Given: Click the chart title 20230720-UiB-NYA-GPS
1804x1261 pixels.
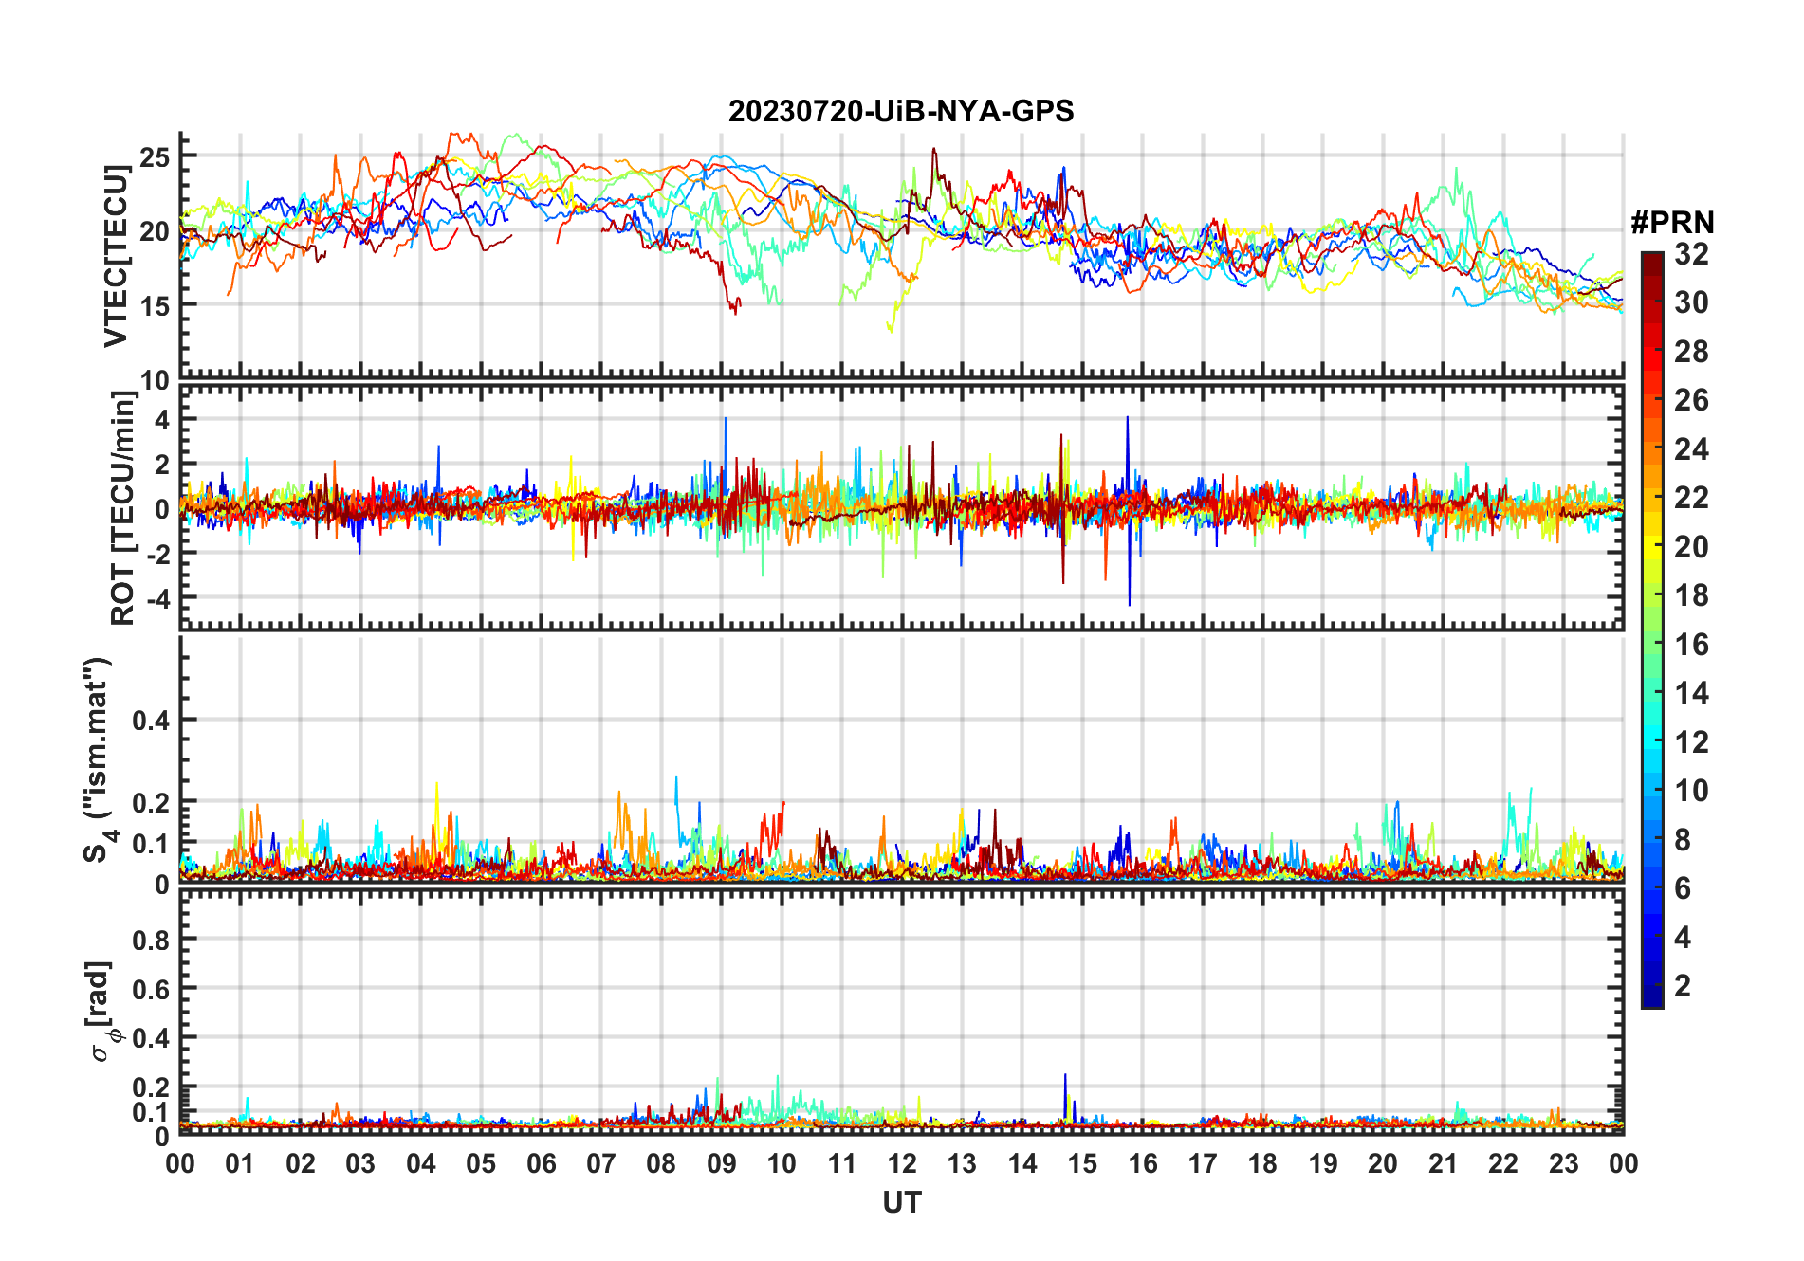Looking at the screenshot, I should pos(901,111).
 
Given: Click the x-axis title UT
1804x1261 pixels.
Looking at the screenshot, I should pos(901,1202).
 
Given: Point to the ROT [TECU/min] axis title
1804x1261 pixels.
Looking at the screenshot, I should pos(122,508).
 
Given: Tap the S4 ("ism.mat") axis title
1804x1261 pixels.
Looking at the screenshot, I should pos(98,759).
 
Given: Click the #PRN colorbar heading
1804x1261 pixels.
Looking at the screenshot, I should pos(1672,223).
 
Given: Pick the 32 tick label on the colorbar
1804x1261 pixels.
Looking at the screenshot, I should pos(1691,254).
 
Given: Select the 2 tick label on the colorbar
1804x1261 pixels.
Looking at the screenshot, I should pos(1683,986).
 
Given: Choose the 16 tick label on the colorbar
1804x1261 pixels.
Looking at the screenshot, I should pos(1691,645).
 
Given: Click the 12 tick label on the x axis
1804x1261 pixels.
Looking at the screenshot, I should pos(901,1163).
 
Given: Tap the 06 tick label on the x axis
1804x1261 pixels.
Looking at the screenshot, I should pos(541,1163).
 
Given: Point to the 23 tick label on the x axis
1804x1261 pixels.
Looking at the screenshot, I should pos(1563,1163).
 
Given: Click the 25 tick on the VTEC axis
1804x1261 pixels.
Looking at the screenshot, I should pos(155,156).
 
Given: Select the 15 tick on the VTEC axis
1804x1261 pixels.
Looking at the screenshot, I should pos(155,305).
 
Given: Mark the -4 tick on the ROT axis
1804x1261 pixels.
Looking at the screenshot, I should pos(155,598).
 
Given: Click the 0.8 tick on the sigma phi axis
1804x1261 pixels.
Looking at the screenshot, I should pos(151,940).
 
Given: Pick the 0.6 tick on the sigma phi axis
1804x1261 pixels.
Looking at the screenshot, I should pos(151,989).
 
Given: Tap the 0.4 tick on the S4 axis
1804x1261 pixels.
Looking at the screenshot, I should pos(151,721).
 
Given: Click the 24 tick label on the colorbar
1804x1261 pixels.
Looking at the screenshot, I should pos(1691,449).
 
